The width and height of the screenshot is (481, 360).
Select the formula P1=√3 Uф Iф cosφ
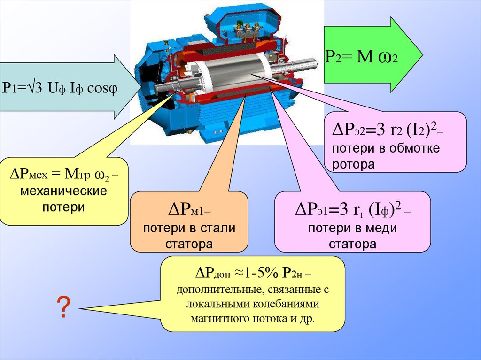[x=60, y=87]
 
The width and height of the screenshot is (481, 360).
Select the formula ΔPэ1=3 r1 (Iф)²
[x=352, y=210]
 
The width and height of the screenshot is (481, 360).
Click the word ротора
[x=353, y=164]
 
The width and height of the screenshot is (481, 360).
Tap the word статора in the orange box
[x=189, y=244]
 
